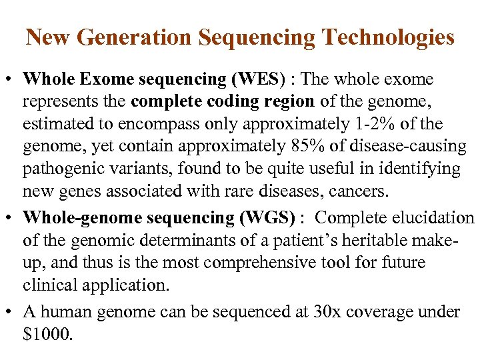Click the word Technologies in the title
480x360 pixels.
[387, 37]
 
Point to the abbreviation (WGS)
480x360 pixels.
[269, 218]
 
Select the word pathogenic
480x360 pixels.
[60, 169]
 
